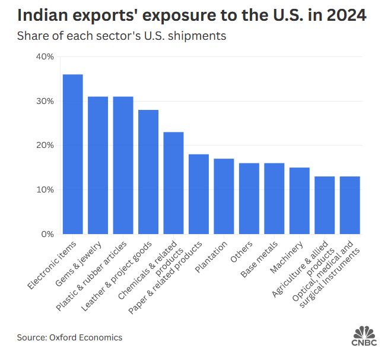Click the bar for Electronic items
coord(72,154)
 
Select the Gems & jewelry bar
coord(98,165)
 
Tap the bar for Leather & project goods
coord(148,172)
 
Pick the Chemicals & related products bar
coord(173,183)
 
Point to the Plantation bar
coord(224,196)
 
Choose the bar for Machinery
coord(299,201)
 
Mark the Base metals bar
coord(274,198)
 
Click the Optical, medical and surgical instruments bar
coord(349,205)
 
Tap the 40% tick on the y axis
coord(45,56)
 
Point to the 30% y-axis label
coord(45,101)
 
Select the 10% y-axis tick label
coord(45,190)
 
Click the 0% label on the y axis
coord(47,234)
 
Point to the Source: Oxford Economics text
coord(69,337)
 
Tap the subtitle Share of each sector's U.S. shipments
coord(122,36)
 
